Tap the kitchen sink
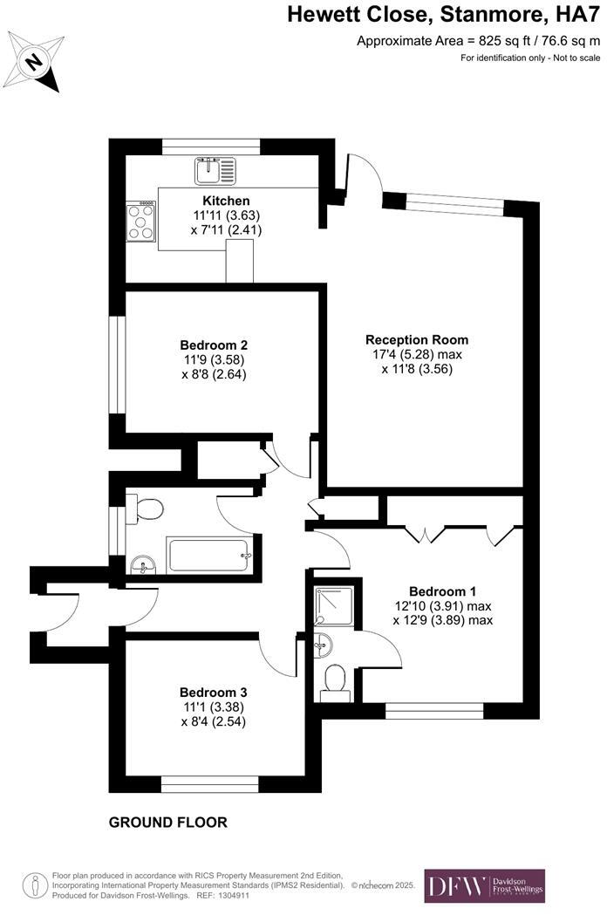click(215, 170)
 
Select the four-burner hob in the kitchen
click(141, 222)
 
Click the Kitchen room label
click(226, 200)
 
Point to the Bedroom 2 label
click(214, 345)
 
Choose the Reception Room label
click(417, 339)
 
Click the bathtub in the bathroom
click(208, 555)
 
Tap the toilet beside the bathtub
click(144, 509)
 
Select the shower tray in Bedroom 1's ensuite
click(334, 605)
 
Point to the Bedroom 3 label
click(213, 693)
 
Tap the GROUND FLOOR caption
click(168, 823)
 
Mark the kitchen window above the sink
click(211, 147)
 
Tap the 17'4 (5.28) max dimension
click(417, 354)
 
